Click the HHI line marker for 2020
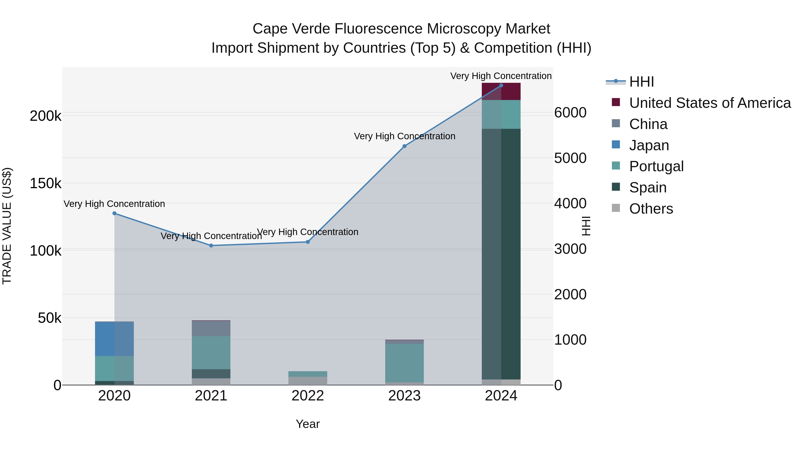pyautogui.click(x=114, y=213)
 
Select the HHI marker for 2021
pyautogui.click(x=211, y=246)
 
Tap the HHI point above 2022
pyautogui.click(x=308, y=242)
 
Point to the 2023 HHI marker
pyautogui.click(x=404, y=146)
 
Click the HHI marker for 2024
pyautogui.click(x=501, y=85)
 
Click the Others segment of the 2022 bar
pyautogui.click(x=308, y=381)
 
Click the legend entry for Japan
pyautogui.click(x=649, y=145)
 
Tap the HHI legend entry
pyautogui.click(x=641, y=82)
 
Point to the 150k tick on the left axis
pyautogui.click(x=46, y=183)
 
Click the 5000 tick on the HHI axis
pyautogui.click(x=570, y=158)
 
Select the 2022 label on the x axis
pyautogui.click(x=308, y=396)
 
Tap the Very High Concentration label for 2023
pyautogui.click(x=404, y=136)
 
